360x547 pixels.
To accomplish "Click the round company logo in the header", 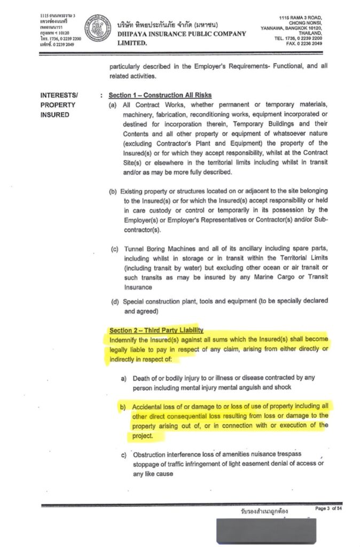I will click(x=97, y=28).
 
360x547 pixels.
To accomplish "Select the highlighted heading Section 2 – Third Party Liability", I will click(x=156, y=331).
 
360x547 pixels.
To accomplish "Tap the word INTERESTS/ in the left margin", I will click(x=59, y=95).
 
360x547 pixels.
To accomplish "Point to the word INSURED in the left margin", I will click(x=55, y=115).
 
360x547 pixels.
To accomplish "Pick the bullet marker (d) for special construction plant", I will click(x=115, y=301).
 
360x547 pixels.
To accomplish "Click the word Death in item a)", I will click(x=143, y=378).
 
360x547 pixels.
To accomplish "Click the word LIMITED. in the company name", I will click(x=131, y=43).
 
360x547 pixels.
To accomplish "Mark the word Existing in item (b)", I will click(x=133, y=191).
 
